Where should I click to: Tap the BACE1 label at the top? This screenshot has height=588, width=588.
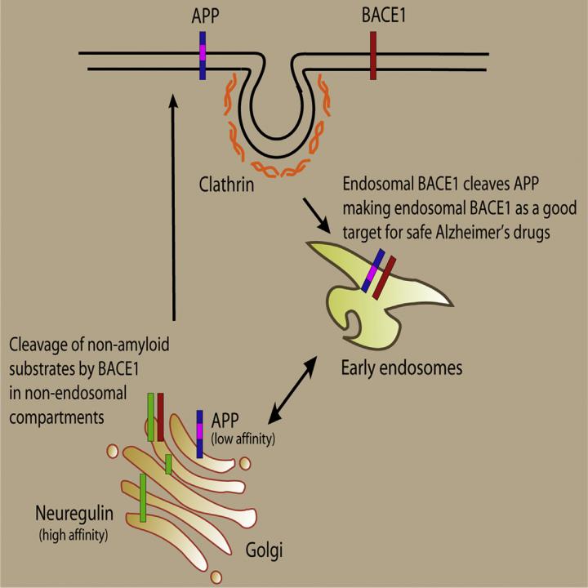(x=372, y=16)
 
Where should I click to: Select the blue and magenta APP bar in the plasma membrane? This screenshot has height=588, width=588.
(x=202, y=56)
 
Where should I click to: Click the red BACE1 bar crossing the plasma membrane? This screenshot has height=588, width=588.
(x=373, y=56)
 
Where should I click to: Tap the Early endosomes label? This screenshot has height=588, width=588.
(x=401, y=368)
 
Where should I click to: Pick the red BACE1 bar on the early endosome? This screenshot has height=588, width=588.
(x=383, y=278)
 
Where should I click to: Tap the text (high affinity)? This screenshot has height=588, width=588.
(x=73, y=536)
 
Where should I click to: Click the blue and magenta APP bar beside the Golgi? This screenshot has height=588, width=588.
(x=199, y=434)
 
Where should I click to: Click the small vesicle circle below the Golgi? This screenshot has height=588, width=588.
(x=216, y=577)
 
